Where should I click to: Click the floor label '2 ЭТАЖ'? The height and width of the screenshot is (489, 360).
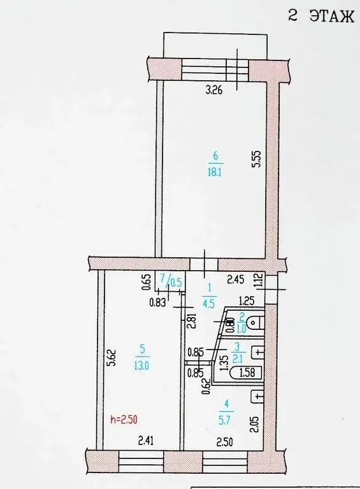320,17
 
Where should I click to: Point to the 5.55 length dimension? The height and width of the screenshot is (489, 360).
256,159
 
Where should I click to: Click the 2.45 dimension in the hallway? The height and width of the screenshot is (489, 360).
237,278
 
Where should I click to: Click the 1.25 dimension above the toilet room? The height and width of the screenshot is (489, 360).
247,301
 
